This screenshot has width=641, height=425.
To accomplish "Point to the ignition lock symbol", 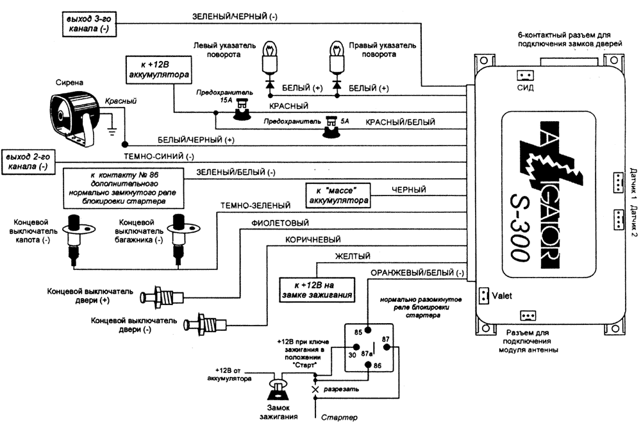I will tap(278, 388).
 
